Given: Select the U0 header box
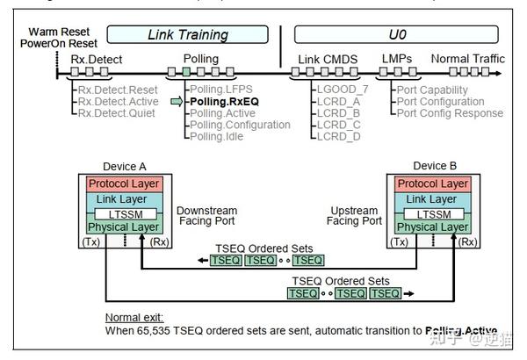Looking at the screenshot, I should [400, 35].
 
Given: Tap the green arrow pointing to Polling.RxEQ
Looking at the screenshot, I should [176, 102].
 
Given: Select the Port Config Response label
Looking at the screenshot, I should [449, 112].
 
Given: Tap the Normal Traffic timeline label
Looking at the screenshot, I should [467, 59].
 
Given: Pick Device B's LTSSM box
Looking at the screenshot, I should [430, 213].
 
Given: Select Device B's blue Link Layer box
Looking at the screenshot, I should [430, 199].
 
